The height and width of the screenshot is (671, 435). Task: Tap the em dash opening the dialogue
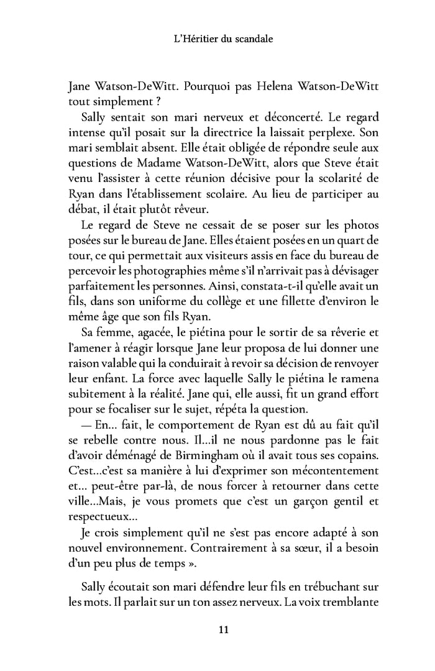tap(89, 418)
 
